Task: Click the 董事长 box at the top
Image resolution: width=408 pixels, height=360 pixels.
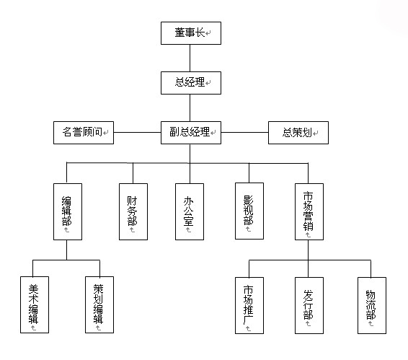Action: [191, 33]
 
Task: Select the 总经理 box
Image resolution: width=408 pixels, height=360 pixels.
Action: [191, 83]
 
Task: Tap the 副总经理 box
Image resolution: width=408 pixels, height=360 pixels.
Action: [191, 133]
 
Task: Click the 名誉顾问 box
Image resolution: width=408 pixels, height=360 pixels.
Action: [84, 133]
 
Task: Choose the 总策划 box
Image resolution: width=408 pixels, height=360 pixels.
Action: [298, 133]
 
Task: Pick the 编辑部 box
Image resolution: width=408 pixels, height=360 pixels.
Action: [68, 211]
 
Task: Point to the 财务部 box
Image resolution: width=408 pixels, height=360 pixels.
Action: [133, 211]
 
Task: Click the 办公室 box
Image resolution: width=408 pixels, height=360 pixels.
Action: [190, 211]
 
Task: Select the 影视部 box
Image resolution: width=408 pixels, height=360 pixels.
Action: [249, 211]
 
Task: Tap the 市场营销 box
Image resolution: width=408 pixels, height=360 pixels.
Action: [309, 211]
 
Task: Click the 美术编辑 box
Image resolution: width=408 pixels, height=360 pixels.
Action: [35, 304]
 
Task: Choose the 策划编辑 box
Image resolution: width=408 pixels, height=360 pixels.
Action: [99, 304]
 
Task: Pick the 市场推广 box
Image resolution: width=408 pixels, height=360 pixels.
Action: [249, 305]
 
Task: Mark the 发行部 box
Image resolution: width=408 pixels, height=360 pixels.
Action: [309, 305]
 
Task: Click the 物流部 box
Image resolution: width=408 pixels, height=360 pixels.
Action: [372, 305]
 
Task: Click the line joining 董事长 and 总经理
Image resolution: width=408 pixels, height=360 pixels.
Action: [190, 58]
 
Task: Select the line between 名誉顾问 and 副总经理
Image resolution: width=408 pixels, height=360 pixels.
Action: [138, 132]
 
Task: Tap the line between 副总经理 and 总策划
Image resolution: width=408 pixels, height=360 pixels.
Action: [245, 132]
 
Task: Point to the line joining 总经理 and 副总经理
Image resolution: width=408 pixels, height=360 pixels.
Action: [190, 107]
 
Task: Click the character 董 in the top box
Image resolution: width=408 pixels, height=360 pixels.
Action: [179, 32]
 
